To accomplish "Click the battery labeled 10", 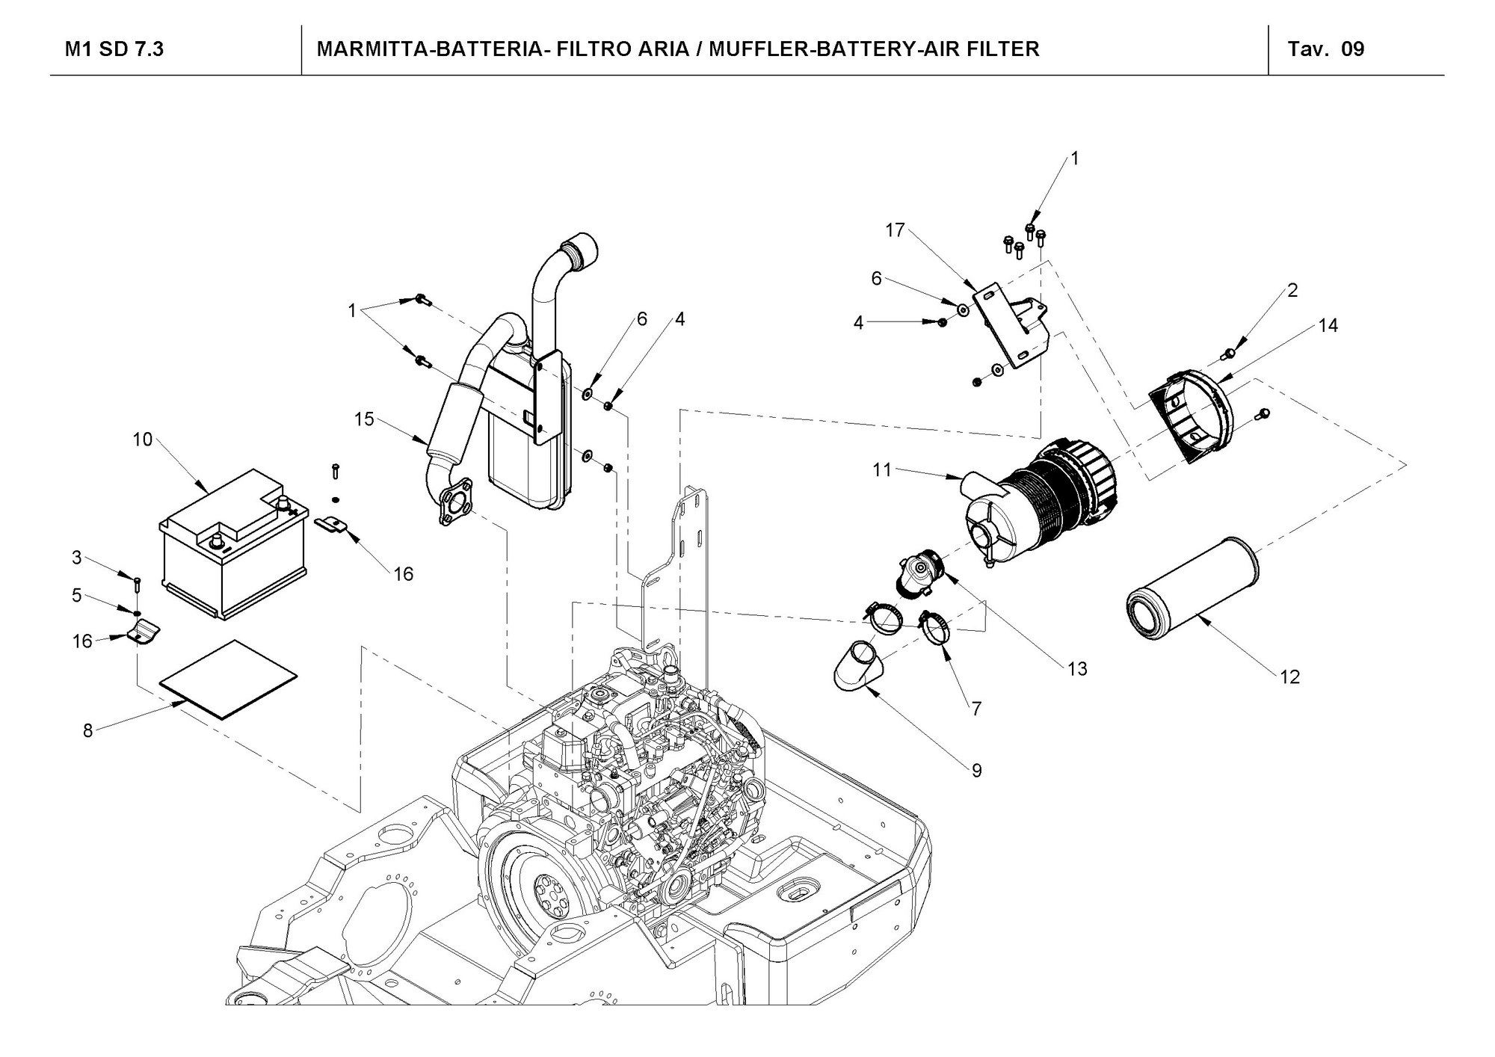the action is tap(234, 543).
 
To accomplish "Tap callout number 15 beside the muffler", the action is tap(364, 419).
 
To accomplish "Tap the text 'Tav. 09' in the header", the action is tap(1326, 49).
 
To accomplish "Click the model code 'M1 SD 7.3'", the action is tap(114, 49).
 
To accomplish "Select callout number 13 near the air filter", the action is tap(1077, 668).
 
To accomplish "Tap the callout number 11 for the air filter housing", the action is tap(882, 469).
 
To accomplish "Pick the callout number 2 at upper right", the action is tap(1293, 290).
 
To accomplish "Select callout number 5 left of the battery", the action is tap(77, 596).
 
